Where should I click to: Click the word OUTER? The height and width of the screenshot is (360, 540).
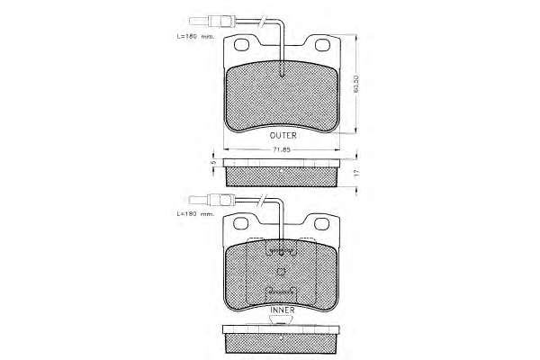pyautogui.click(x=283, y=135)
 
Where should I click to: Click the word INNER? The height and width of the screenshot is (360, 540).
pyautogui.click(x=283, y=310)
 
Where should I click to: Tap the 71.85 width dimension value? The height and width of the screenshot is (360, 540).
pyautogui.click(x=282, y=149)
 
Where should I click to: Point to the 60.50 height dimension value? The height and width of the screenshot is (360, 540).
pyautogui.click(x=356, y=84)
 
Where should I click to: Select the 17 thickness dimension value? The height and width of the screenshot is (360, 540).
pyautogui.click(x=356, y=172)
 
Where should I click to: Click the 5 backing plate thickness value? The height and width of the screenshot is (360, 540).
pyautogui.click(x=213, y=162)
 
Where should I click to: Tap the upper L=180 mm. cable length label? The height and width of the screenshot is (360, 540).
pyautogui.click(x=195, y=36)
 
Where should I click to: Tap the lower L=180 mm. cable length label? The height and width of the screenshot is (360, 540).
pyautogui.click(x=195, y=214)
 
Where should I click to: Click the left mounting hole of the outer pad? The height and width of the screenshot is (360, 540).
pyautogui.click(x=241, y=44)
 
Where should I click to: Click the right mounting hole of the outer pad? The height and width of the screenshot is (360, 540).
pyautogui.click(x=322, y=45)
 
